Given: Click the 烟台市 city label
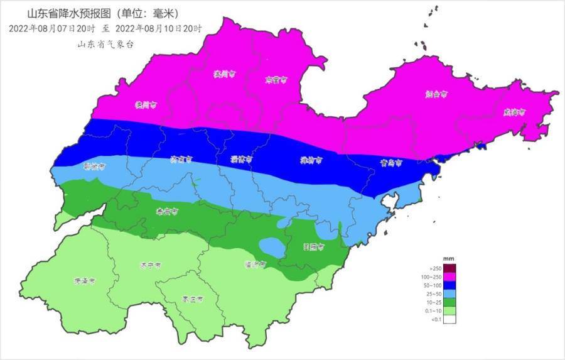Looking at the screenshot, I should click(x=436, y=94).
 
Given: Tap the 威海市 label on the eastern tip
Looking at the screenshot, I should click(x=514, y=112).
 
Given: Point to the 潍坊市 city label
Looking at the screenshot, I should click(x=311, y=161).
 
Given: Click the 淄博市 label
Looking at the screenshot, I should click(x=241, y=160).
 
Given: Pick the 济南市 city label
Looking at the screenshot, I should click(x=181, y=160).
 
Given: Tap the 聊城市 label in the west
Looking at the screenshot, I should click(x=94, y=166).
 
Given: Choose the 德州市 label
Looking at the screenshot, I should click(x=144, y=105).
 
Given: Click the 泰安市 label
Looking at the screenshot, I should click(x=166, y=212).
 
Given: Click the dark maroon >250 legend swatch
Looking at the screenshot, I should click(x=449, y=268).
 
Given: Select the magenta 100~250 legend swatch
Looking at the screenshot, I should click(x=449, y=276).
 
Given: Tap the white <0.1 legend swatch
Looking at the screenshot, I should click(x=449, y=319).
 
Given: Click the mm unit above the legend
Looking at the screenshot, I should click(x=448, y=259).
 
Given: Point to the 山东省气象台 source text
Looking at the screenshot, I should click(x=105, y=44).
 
